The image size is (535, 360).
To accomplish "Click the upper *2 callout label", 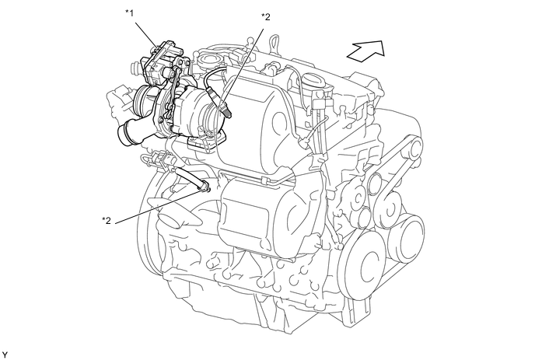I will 265,16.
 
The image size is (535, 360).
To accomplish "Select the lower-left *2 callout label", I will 108,220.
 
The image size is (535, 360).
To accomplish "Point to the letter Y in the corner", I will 5,354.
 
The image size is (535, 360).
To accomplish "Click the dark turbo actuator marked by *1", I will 163,58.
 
